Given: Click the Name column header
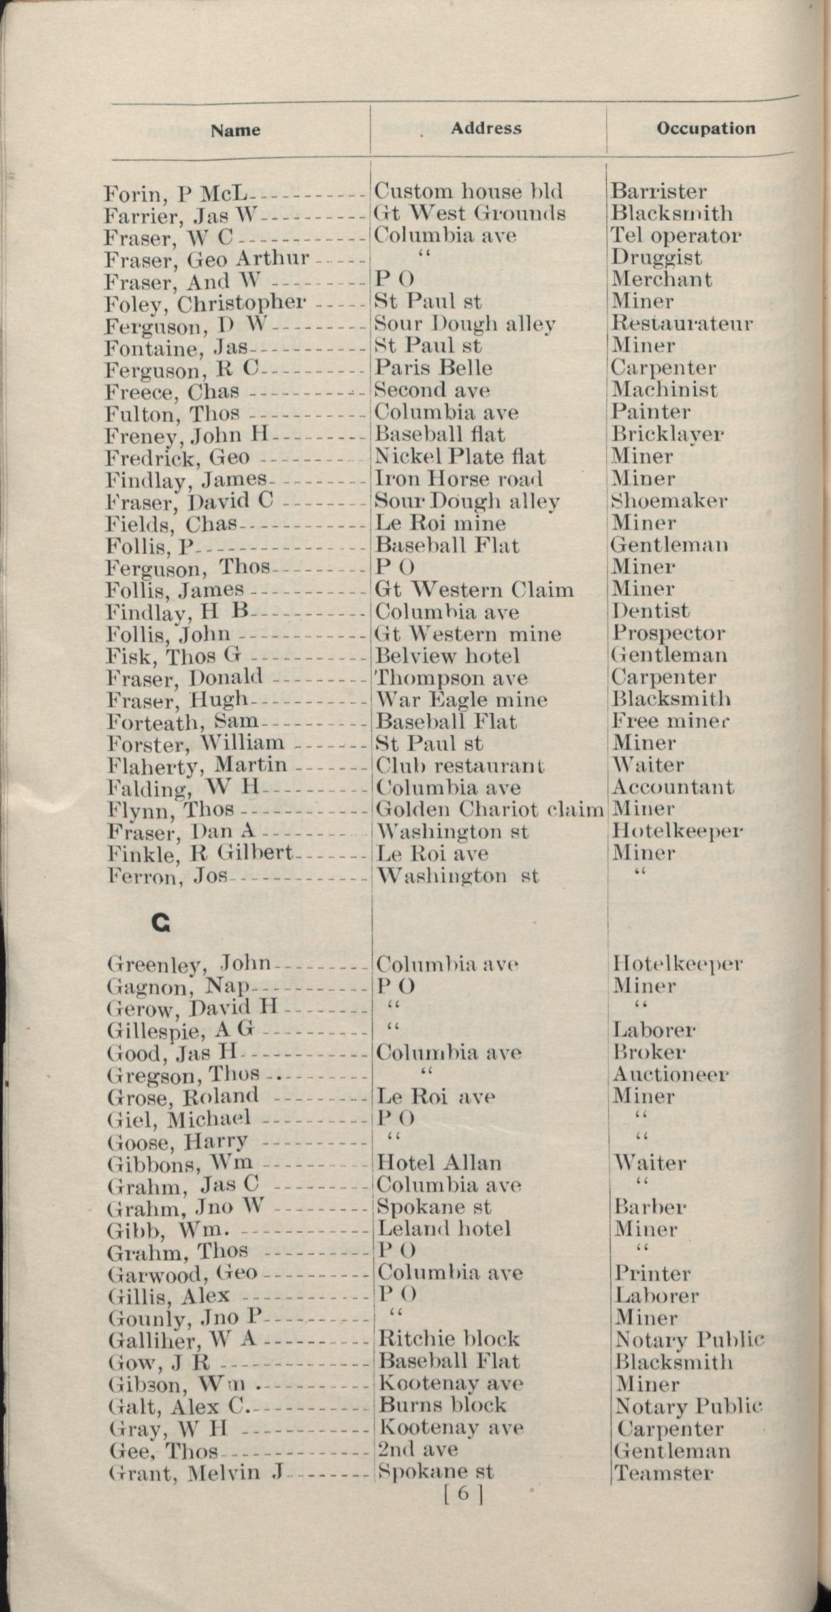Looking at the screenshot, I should (235, 130).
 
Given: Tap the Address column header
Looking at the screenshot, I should (486, 128).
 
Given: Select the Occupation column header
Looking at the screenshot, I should (706, 128).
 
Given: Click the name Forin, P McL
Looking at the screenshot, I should (176, 193).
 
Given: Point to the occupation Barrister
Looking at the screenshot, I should (658, 192).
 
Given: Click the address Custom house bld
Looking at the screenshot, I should (468, 192).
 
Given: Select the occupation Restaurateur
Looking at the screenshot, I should (681, 324).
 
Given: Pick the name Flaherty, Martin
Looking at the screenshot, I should (197, 765).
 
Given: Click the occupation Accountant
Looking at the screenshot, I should (672, 787).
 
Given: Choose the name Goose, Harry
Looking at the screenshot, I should (178, 1141).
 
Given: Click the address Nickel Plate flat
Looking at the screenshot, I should (460, 456).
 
